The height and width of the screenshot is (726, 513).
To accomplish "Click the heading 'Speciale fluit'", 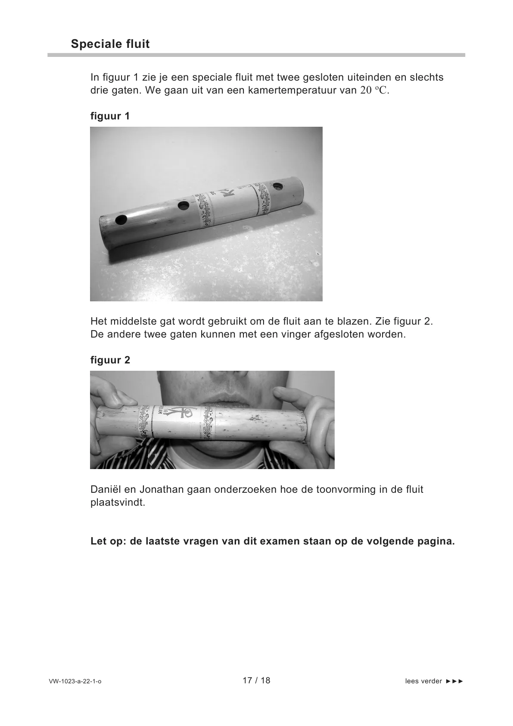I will coord(110,44).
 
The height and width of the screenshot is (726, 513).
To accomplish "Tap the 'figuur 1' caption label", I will coord(110,116).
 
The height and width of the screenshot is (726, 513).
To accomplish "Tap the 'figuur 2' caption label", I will coord(110,360).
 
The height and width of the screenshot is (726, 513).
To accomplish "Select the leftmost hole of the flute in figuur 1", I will coord(121,220).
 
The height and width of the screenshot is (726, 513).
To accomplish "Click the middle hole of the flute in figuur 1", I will coord(183,205).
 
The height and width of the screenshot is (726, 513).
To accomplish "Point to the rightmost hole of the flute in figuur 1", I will coord(278,187).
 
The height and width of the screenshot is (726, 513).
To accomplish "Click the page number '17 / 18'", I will coord(256,681).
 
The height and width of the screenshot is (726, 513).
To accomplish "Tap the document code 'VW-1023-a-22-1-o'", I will coord(75,682).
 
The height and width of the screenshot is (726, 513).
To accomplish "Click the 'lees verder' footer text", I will coord(423,682).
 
